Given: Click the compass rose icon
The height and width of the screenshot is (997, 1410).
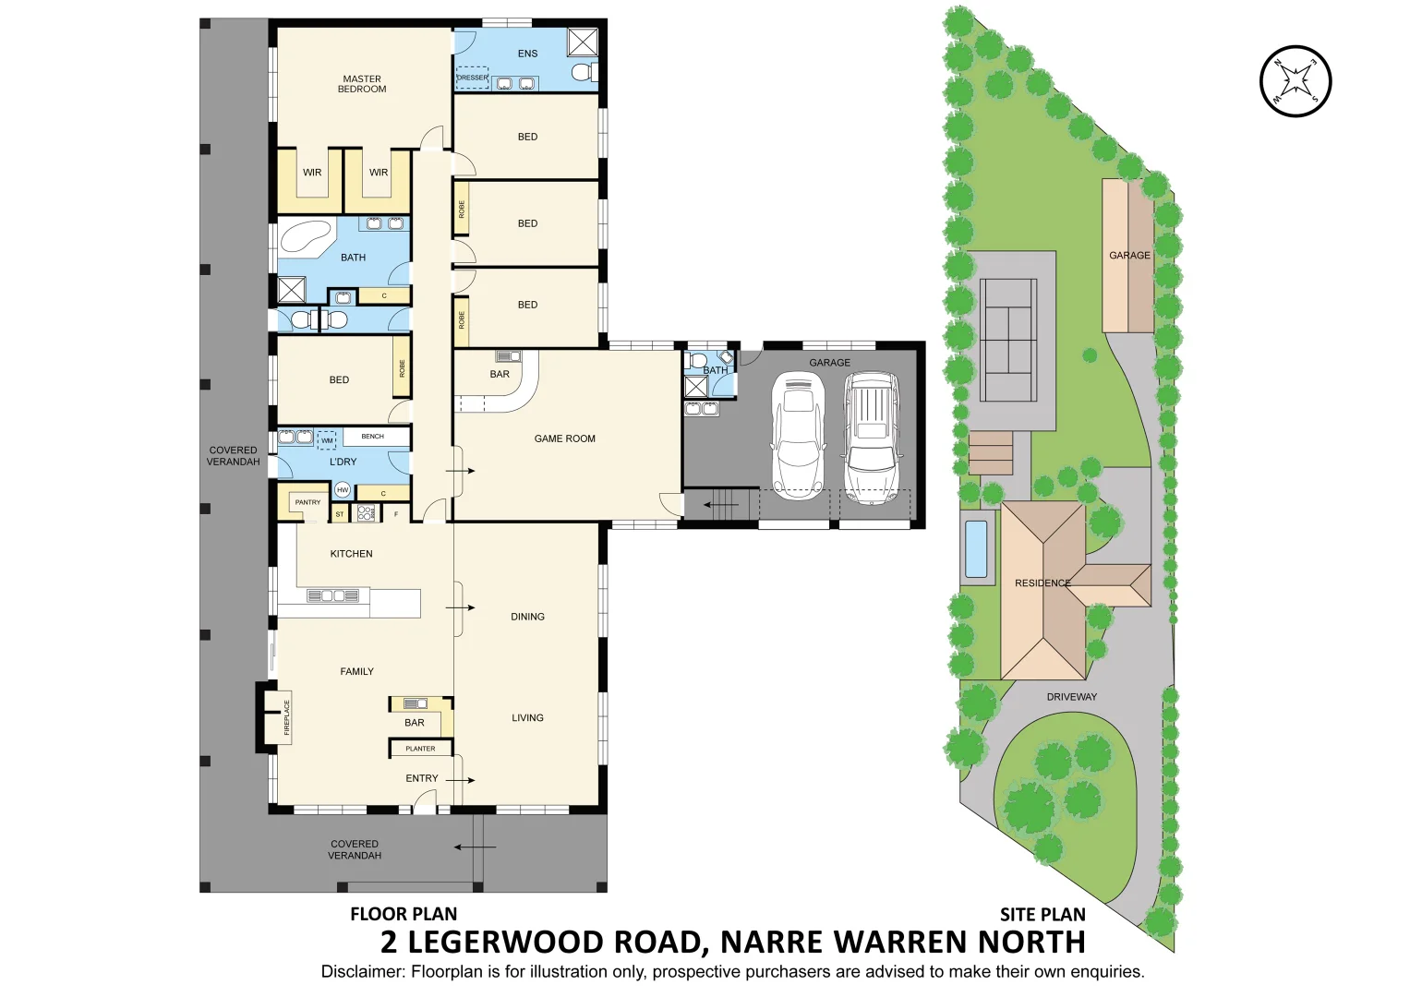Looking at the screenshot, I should tap(1296, 81).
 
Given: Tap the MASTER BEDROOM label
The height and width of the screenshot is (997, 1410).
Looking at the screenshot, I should tap(362, 84).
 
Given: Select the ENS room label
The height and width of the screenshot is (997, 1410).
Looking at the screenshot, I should tap(527, 54).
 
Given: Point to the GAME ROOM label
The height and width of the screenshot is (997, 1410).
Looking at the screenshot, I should tap(564, 438).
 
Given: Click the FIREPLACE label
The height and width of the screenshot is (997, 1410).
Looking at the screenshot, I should tap(286, 717).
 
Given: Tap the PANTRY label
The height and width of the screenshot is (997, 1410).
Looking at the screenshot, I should tap(307, 502).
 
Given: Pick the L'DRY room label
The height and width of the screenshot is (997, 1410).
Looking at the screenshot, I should tap(343, 462).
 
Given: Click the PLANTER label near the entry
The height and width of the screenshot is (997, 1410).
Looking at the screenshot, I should tap(420, 749).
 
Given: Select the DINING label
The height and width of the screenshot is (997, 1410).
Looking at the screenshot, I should tap(527, 617).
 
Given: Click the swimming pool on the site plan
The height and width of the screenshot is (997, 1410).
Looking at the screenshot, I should tap(975, 547).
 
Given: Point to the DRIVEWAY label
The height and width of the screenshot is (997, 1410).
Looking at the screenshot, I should tap(1071, 697).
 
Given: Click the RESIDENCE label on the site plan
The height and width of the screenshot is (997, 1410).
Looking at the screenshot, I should tap(1042, 583).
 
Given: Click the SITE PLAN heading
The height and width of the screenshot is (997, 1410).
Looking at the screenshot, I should tap(1042, 915).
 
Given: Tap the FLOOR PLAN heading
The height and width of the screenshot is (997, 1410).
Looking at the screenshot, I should tap(404, 915).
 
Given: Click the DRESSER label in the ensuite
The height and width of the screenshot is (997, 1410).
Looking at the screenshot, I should tap(472, 78).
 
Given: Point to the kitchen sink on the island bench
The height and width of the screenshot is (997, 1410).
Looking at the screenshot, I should tap(332, 596).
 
